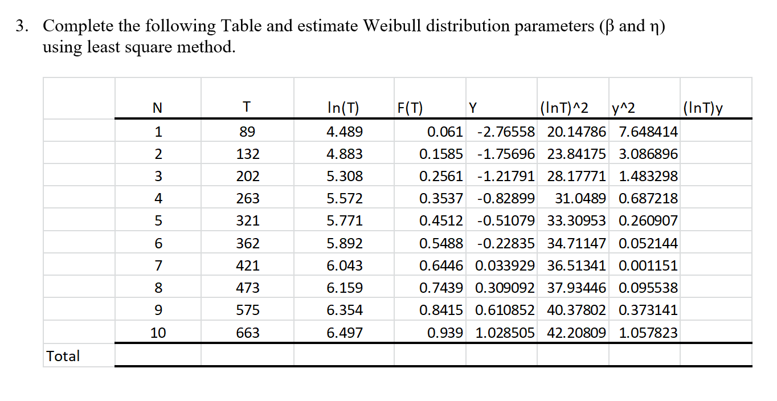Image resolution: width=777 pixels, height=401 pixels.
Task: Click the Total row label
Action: [x=63, y=356]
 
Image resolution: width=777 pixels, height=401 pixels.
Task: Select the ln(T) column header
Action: [x=344, y=107]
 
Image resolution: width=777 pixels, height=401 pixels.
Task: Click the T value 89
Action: [x=247, y=132]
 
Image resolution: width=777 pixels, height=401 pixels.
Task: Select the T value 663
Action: [x=247, y=333]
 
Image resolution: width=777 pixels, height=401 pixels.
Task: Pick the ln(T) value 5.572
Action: [x=344, y=198]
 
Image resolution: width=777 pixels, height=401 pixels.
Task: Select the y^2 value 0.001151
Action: [x=648, y=265]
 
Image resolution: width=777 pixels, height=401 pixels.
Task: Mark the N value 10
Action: [x=158, y=333]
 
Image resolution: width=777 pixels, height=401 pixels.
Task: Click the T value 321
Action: [x=247, y=221]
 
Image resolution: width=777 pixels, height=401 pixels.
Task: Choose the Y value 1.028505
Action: [x=505, y=333]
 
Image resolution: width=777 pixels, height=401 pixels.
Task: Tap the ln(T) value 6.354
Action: [x=344, y=310]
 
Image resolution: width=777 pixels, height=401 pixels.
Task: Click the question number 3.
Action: [x=21, y=27]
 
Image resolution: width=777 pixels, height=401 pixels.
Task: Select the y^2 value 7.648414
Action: [x=648, y=132]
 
